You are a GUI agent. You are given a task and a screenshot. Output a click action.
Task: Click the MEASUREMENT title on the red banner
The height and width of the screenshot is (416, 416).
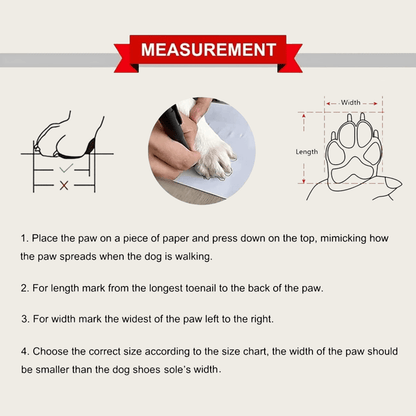pyautogui.click(x=208, y=49)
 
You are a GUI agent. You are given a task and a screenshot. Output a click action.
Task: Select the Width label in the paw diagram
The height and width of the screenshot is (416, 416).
pyautogui.click(x=352, y=102)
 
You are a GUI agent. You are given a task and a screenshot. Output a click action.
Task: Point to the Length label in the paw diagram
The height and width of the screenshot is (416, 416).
pyautogui.click(x=308, y=151)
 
